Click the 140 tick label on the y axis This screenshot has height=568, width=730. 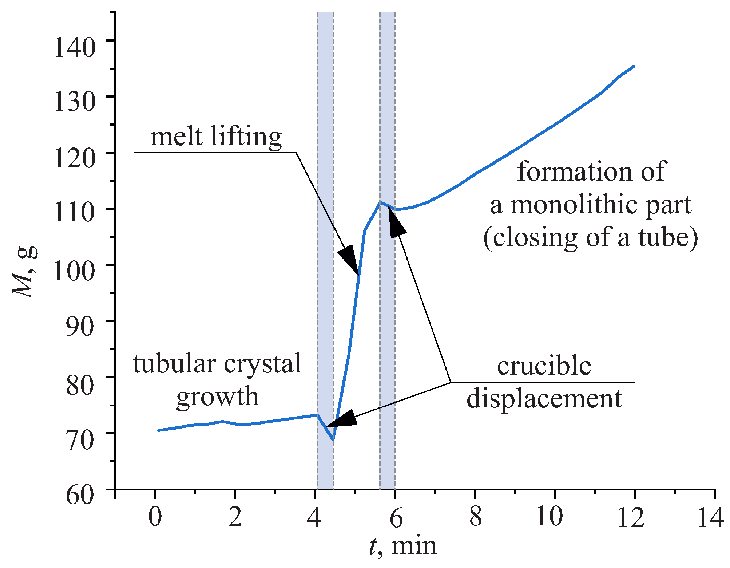75,47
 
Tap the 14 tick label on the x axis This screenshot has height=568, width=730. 710,517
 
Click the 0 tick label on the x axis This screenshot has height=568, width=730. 155,517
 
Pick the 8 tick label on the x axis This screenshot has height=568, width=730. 475,517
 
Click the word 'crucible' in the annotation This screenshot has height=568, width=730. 544,366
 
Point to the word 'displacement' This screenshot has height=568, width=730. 544,399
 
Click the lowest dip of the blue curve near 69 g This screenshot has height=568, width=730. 333,439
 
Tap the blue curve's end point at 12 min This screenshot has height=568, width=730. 634,66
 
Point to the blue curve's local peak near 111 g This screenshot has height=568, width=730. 380,202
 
